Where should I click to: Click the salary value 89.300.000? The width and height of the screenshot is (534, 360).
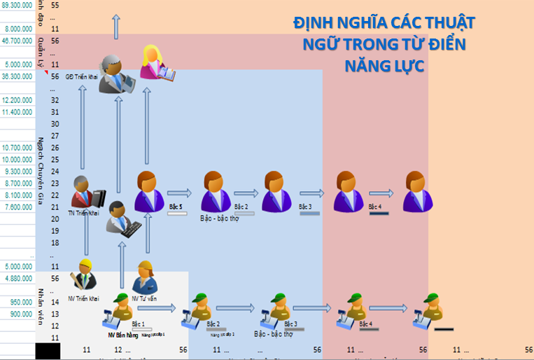(17, 4)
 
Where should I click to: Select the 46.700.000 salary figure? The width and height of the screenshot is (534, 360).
(17, 41)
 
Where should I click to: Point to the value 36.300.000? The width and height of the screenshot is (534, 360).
(17, 76)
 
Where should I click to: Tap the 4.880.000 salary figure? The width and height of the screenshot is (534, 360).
(17, 278)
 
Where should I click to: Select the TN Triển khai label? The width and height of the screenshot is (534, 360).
(83, 212)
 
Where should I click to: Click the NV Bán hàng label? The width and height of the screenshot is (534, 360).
(120, 335)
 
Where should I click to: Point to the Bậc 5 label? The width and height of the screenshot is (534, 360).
(176, 207)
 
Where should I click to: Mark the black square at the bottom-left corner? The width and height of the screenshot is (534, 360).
(48, 350)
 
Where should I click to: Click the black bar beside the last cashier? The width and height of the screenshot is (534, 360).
(444, 329)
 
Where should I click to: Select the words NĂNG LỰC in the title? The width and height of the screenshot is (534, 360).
(384, 67)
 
